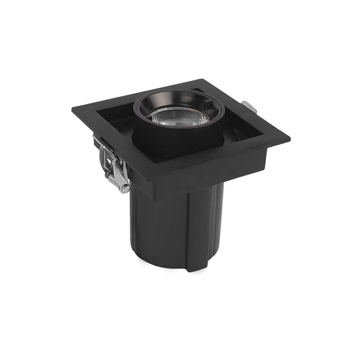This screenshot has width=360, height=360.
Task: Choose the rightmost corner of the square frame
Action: click(x=289, y=139)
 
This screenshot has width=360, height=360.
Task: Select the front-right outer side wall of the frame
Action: click(x=223, y=169)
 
